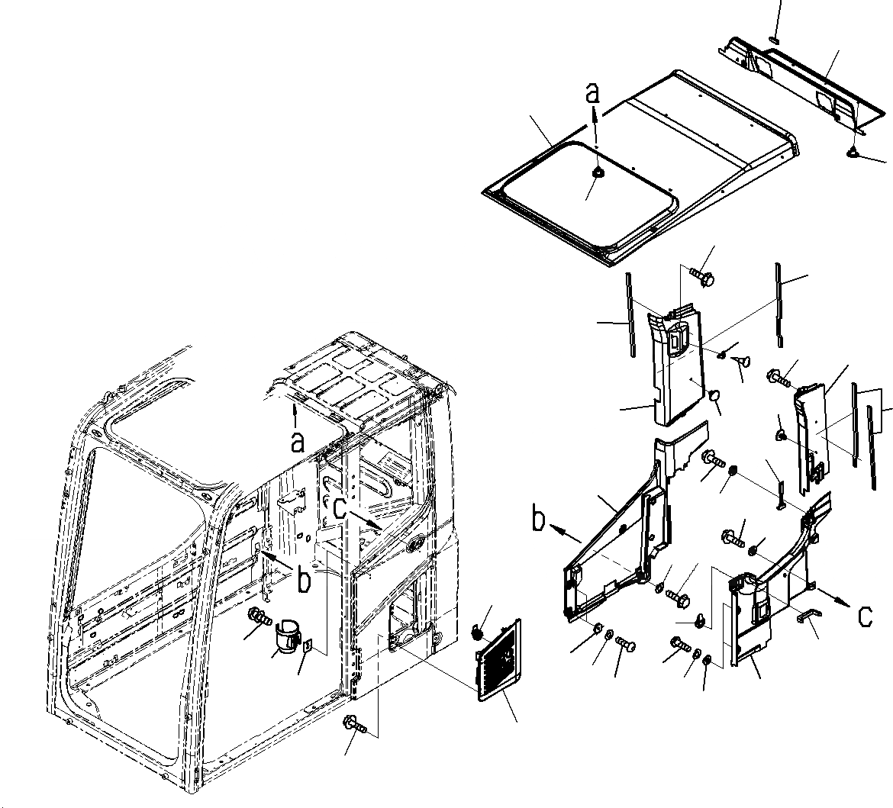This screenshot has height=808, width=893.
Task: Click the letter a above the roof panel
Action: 593,95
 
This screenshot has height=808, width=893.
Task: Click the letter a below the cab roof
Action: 298,440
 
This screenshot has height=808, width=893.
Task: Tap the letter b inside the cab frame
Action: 305,581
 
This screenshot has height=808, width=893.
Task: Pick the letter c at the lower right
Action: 864,615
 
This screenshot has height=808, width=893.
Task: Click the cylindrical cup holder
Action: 285,636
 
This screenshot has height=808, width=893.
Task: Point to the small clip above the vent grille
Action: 479,632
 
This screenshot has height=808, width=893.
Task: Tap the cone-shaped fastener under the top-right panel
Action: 854,153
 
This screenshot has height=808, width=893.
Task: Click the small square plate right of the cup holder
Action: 308,646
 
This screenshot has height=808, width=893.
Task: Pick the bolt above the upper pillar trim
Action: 701,275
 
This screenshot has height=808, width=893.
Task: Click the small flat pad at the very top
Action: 774,39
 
